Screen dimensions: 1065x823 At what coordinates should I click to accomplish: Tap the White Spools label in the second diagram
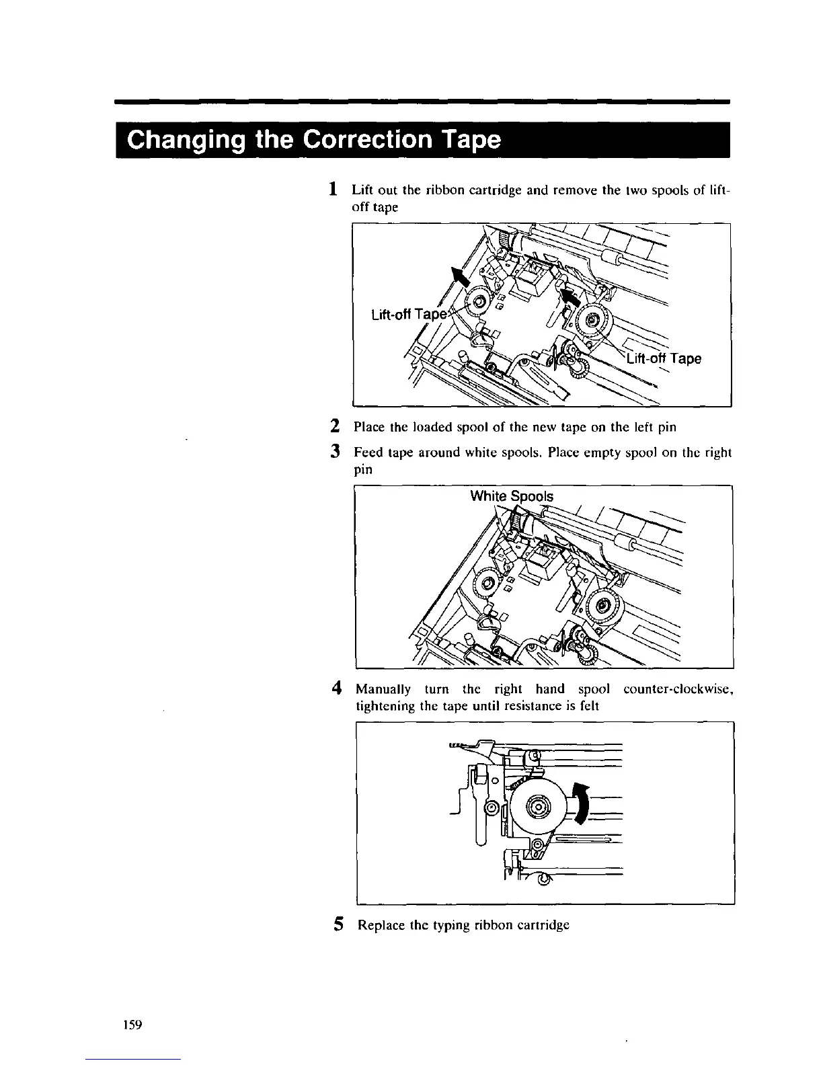coord(512,496)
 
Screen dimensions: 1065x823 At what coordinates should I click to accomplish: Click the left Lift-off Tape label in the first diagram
coord(409,315)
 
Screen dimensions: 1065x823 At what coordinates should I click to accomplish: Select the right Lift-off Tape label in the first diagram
coord(664,358)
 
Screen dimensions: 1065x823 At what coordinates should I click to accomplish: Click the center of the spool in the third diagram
coord(539,807)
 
